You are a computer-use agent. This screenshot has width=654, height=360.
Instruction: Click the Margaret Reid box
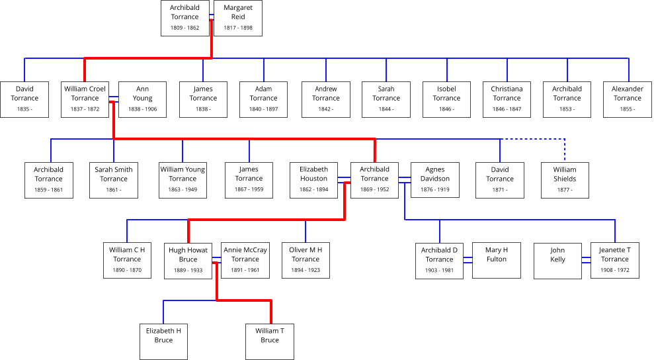[x=238, y=18]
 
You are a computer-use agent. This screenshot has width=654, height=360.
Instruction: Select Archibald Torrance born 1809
[x=184, y=18]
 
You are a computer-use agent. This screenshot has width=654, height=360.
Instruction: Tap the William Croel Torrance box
[x=85, y=99]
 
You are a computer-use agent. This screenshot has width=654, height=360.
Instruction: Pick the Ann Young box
[x=142, y=99]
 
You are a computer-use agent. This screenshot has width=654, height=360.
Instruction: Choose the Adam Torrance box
[x=263, y=99]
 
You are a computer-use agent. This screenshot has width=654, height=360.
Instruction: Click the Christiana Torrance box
[x=507, y=99]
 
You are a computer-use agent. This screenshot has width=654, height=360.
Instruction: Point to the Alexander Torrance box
[x=627, y=99]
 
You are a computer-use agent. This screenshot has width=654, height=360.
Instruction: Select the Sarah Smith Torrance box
[x=114, y=179]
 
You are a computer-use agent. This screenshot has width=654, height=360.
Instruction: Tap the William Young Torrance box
[x=183, y=179]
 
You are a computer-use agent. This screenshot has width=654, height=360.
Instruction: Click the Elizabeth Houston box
[x=313, y=179]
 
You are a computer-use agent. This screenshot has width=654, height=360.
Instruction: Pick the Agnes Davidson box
[x=435, y=179]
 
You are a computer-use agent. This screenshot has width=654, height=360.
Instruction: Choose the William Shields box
[x=565, y=179]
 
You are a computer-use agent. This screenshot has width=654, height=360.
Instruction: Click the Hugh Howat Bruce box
[x=188, y=260]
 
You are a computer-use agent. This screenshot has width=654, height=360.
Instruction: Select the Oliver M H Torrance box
[x=306, y=260]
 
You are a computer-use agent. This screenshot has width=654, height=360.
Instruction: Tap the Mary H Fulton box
[x=497, y=260]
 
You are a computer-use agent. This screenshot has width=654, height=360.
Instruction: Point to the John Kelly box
[x=558, y=260]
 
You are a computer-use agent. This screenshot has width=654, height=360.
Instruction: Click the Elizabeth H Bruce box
[x=163, y=341]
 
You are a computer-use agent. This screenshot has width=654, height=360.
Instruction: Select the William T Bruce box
[x=270, y=341]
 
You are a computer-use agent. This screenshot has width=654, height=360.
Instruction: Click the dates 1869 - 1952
[x=374, y=190]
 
